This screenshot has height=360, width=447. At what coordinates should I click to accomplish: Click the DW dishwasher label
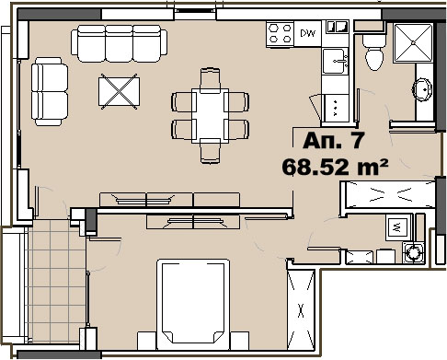pyautogui.click(x=307, y=33)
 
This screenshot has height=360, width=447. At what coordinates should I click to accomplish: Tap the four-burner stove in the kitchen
pyautogui.click(x=280, y=34)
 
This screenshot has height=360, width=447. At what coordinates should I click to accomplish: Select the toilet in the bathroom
pyautogui.click(x=374, y=52)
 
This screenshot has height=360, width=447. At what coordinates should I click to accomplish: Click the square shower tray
pyautogui.click(x=413, y=43)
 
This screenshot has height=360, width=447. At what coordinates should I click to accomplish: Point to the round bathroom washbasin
pyautogui.click(x=422, y=89)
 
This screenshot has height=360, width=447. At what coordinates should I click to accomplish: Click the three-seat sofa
pyautogui.click(x=119, y=43)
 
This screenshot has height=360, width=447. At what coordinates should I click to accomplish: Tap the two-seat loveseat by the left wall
pyautogui.click(x=50, y=91)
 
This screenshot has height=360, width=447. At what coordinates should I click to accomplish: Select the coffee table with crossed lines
pyautogui.click(x=119, y=91)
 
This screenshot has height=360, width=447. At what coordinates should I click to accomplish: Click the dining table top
pyautogui.click(x=211, y=116)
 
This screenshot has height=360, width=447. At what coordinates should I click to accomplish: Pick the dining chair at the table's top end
pyautogui.click(x=210, y=80)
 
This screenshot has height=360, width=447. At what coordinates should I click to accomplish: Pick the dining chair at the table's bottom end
pyautogui.click(x=210, y=151)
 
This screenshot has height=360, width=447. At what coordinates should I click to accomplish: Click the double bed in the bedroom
pyautogui.click(x=193, y=305)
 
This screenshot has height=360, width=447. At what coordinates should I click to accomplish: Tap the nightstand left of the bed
pyautogui.click(x=147, y=341)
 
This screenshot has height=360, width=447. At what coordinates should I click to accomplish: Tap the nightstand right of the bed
pyautogui.click(x=239, y=341)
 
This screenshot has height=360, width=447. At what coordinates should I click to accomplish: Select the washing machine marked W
pyautogui.click(x=397, y=227)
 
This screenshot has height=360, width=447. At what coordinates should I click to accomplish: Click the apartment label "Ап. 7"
pyautogui.click(x=334, y=141)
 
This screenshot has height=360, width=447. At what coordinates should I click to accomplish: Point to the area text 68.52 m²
pyautogui.click(x=335, y=168)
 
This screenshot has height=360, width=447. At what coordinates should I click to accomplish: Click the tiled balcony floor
pyautogui.click(x=56, y=281)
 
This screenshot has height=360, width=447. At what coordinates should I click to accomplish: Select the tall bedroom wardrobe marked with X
pyautogui.click(x=301, y=310)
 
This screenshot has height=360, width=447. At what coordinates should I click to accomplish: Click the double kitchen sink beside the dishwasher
pyautogui.click(x=338, y=27)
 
